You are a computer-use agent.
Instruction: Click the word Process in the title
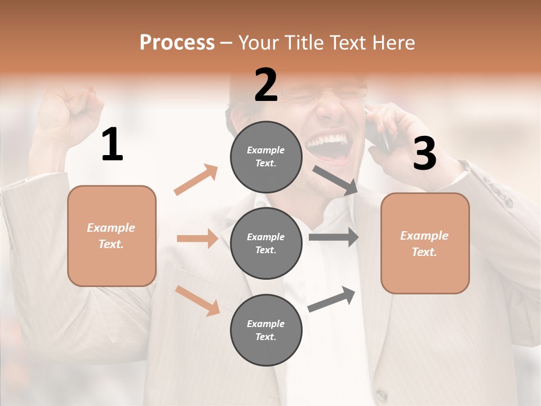[x=177, y=43]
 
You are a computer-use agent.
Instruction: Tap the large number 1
[x=112, y=145]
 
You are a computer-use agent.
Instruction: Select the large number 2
[x=266, y=85]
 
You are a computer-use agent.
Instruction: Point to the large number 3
[x=424, y=153]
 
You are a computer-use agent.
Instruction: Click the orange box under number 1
[x=112, y=236]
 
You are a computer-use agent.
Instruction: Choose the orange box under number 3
[x=425, y=243]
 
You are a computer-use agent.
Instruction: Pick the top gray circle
[x=266, y=157]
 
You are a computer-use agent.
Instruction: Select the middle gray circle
[x=266, y=243]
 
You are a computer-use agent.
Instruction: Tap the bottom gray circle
[x=266, y=330]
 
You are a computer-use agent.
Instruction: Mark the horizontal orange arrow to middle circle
[x=197, y=239]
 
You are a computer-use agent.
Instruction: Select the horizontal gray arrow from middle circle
[x=333, y=237]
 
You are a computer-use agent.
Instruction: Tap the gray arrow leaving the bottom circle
[x=331, y=299]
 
